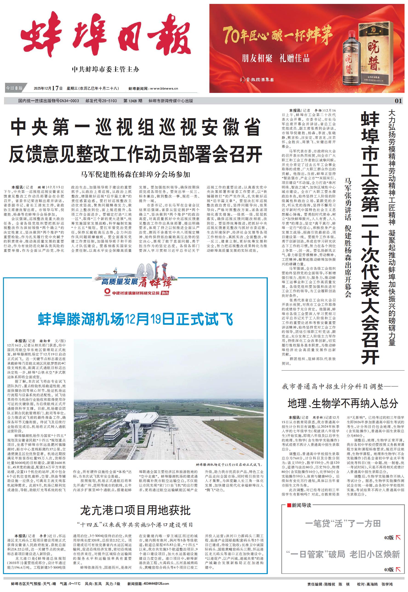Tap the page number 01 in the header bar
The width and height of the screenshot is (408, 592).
pyautogui.click(x=398, y=101)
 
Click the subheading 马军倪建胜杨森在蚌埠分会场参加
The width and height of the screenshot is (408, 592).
pyautogui.click(x=135, y=174)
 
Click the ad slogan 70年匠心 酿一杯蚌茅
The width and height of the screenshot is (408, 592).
pyautogui.click(x=277, y=35)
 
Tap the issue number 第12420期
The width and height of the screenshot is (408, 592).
pyautogui.click(x=133, y=101)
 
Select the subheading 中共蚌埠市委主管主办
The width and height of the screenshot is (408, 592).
pyautogui.click(x=105, y=69)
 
